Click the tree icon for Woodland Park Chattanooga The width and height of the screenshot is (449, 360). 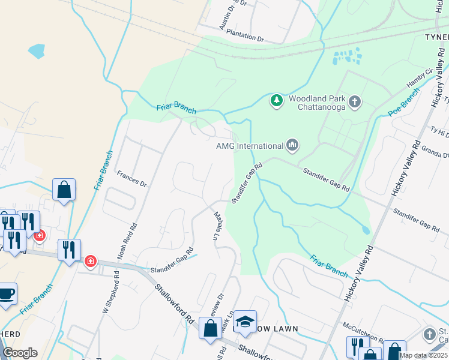(276, 101)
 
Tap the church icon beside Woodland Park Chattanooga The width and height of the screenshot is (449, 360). (355, 101)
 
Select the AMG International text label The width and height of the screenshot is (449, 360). (249, 146)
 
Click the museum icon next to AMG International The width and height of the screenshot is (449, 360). (292, 145)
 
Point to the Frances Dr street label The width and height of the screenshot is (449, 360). (131, 179)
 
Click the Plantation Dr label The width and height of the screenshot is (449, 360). (245, 38)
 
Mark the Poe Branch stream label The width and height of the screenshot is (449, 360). (403, 103)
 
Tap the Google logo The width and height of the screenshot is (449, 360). (20, 353)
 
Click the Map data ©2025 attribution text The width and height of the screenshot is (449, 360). (423, 355)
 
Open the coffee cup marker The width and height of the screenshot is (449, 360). (6, 294)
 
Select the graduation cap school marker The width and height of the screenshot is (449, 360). (245, 322)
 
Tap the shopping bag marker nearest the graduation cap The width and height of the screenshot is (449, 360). (210, 329)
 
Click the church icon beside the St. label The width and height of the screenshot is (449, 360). (429, 334)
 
